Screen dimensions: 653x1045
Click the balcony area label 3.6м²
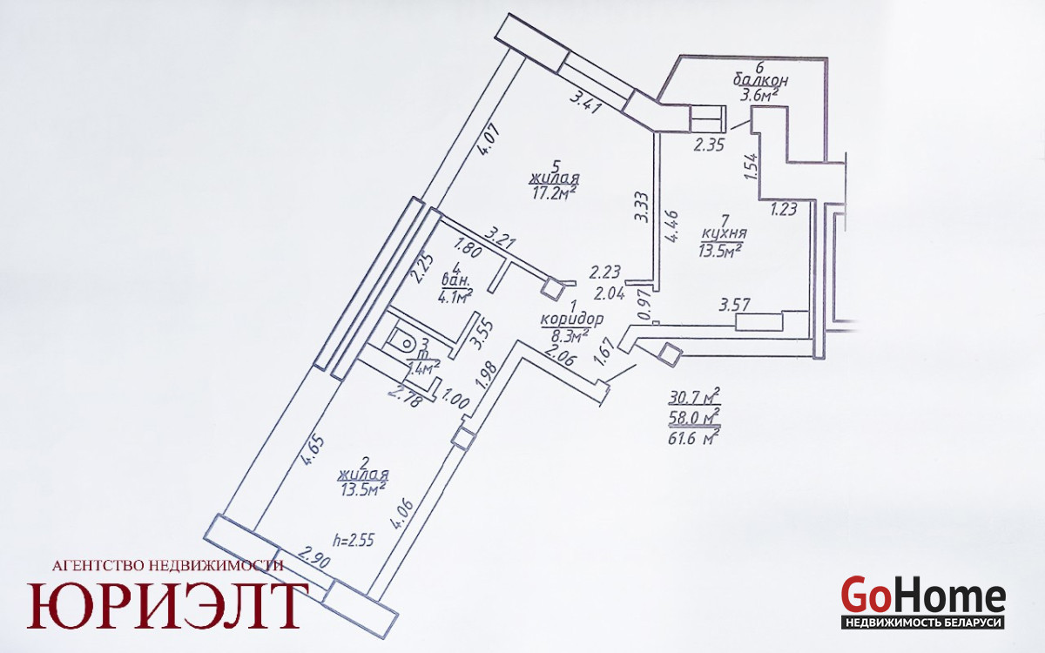pyautogui.click(x=757, y=95)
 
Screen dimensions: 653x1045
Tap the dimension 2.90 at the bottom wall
pyautogui.click(x=313, y=557)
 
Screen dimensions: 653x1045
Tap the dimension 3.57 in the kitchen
pyautogui.click(x=734, y=306)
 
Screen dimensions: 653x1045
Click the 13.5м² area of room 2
pyautogui.click(x=364, y=490)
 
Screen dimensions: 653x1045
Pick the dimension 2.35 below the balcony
pyautogui.click(x=710, y=146)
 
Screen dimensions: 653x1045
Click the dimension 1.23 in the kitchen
pyautogui.click(x=783, y=208)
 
